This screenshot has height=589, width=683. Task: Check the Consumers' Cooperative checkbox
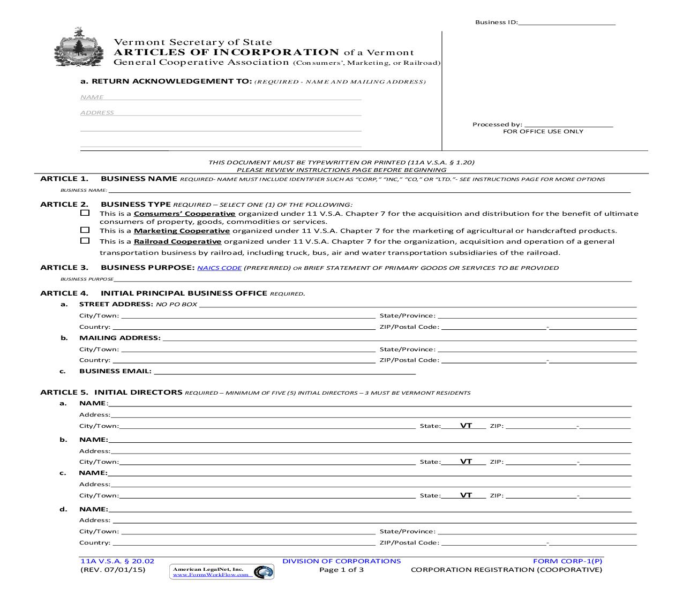(x=85, y=213)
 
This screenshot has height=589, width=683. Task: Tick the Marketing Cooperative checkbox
(x=85, y=230)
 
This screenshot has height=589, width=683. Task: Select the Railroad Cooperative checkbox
(x=85, y=241)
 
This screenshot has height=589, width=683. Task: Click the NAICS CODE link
(x=219, y=268)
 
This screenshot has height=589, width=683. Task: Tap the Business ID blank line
(x=567, y=23)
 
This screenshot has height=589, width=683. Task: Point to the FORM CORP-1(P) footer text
(x=567, y=561)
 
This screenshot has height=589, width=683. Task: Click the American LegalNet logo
(x=222, y=572)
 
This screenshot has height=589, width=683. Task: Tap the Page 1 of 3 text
(x=341, y=570)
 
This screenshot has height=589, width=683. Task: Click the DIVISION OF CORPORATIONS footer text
(x=341, y=561)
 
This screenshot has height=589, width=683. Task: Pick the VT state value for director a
(x=466, y=426)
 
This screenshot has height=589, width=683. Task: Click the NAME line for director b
(x=370, y=440)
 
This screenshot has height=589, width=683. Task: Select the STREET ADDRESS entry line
(x=417, y=305)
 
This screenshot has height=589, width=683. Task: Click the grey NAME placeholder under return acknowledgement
(x=92, y=97)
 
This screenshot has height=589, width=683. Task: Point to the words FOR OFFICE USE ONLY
(x=543, y=132)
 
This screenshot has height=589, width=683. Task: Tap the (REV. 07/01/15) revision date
(x=113, y=570)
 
